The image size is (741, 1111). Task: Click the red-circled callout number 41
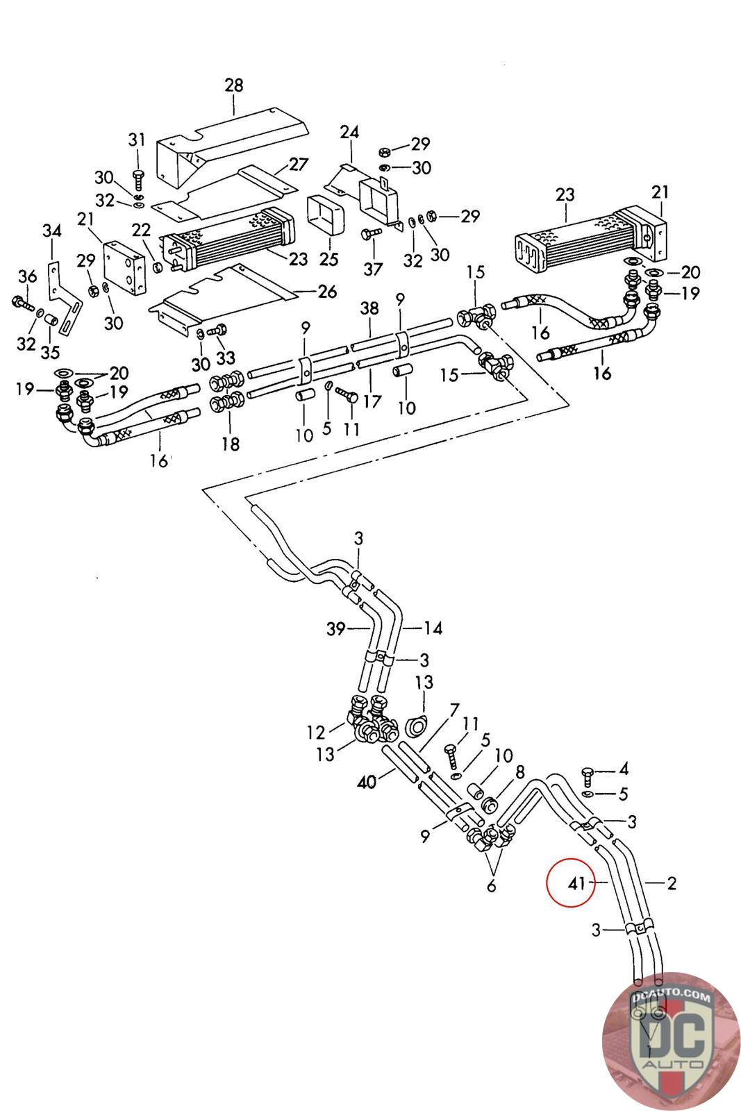[576, 883]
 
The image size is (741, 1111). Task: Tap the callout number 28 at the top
[234, 85]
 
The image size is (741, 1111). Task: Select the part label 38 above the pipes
[369, 308]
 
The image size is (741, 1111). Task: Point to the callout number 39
[336, 629]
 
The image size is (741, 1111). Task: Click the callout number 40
[366, 782]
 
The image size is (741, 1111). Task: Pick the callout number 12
[316, 732]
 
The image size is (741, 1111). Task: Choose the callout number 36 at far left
[27, 276]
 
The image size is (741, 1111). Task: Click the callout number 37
[373, 269]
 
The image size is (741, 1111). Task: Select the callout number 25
[328, 259]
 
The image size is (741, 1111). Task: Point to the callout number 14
[433, 628]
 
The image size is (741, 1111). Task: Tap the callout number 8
[519, 771]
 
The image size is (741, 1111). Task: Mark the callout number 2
[671, 883]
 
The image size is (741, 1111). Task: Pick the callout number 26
[327, 292]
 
